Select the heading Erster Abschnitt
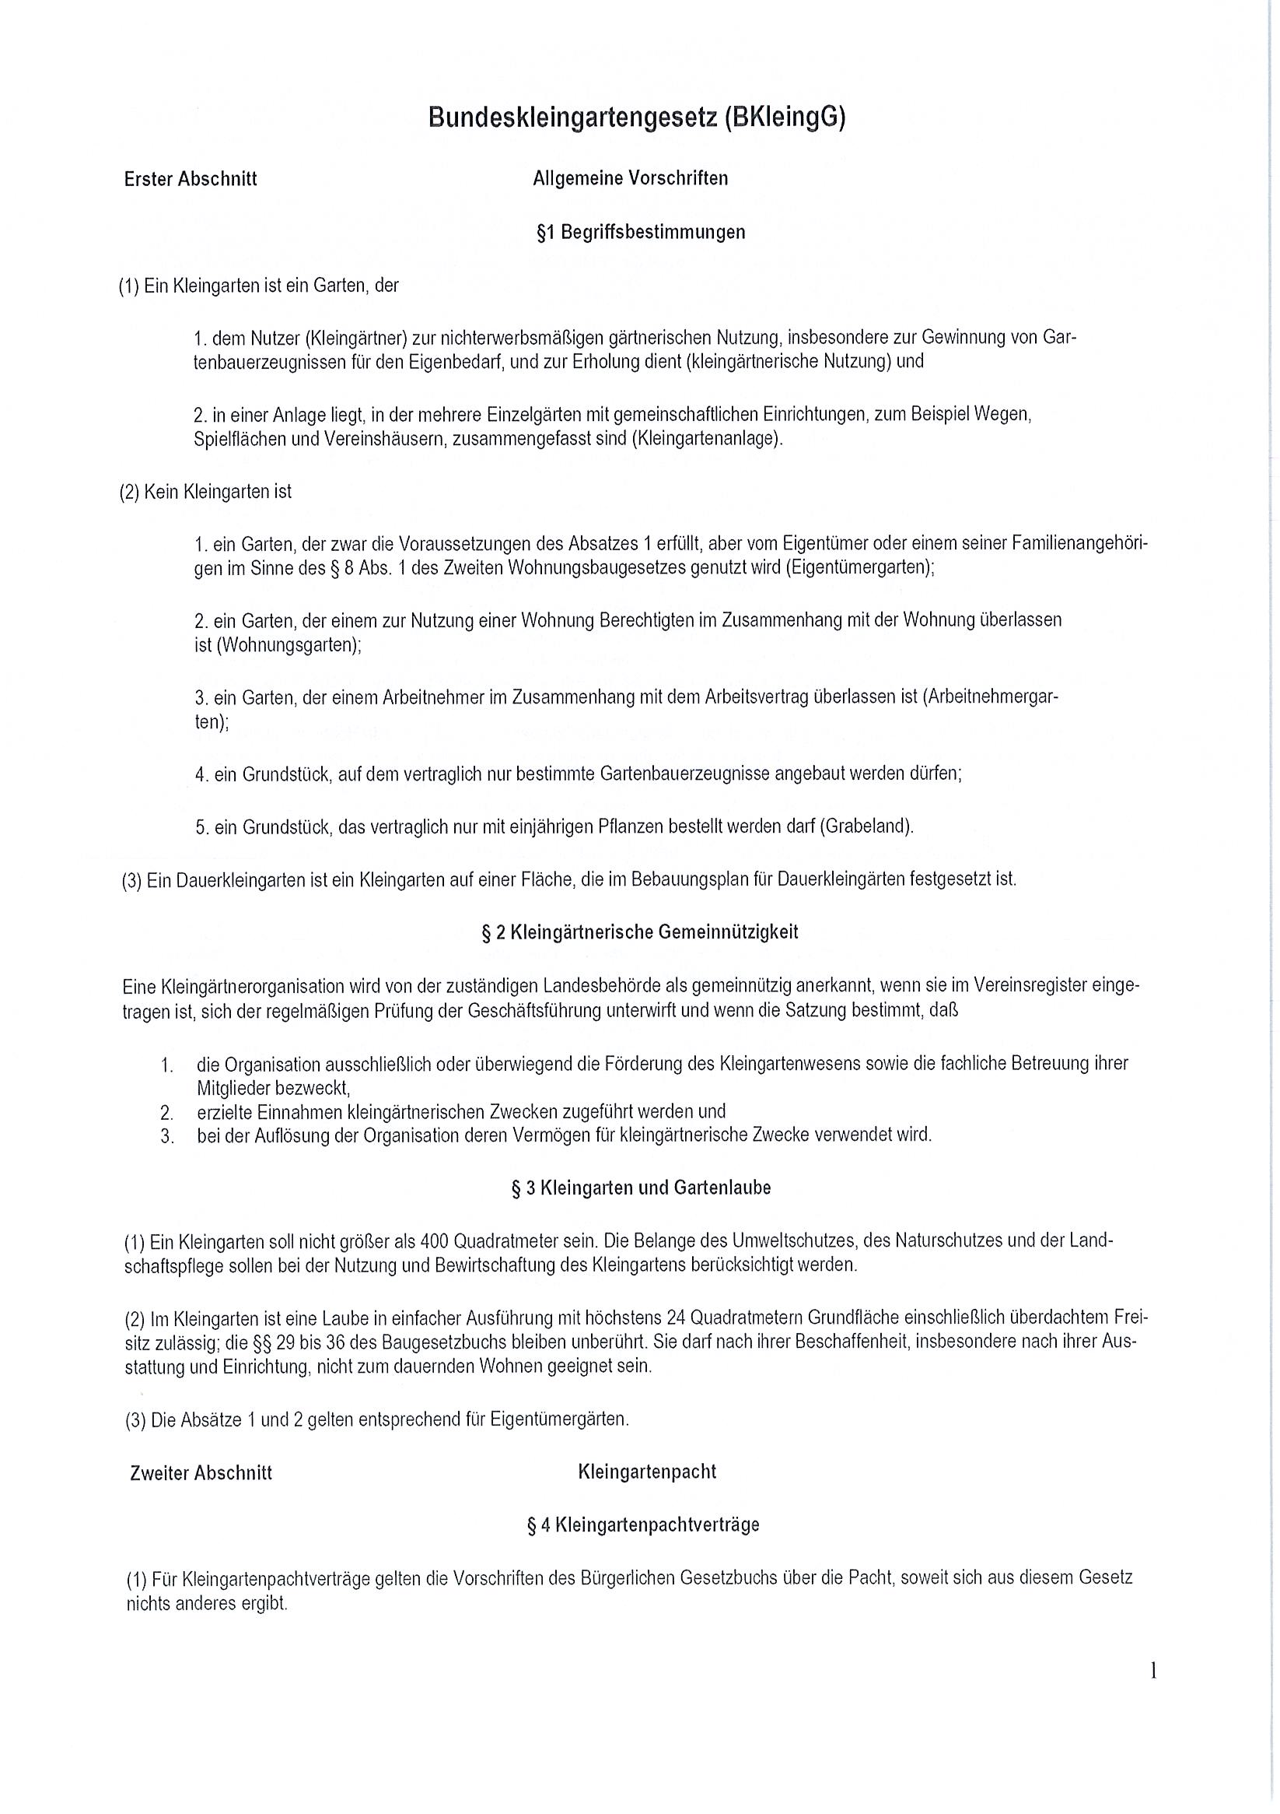(191, 179)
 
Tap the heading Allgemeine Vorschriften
(630, 178)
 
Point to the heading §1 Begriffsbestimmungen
(641, 232)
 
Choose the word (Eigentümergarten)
(860, 568)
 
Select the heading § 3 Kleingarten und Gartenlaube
(641, 1188)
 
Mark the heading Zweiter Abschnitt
(201, 1472)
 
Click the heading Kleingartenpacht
(647, 1472)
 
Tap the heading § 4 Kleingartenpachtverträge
(643, 1525)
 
